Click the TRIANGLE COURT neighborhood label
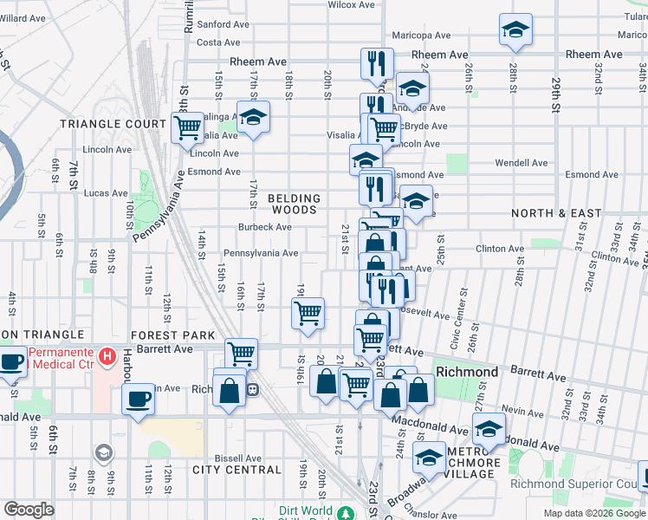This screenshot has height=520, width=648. (x=113, y=124)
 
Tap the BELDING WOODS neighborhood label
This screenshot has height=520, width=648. (x=294, y=204)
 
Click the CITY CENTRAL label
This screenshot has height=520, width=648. (x=237, y=470)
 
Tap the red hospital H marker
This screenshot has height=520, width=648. (x=107, y=355)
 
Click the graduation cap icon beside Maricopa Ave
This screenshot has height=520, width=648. (x=515, y=31)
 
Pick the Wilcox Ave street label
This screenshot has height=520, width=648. (x=350, y=5)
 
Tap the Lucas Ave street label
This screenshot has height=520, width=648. (x=107, y=193)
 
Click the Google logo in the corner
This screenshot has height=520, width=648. (x=29, y=510)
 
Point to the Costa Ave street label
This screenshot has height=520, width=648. (x=218, y=42)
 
